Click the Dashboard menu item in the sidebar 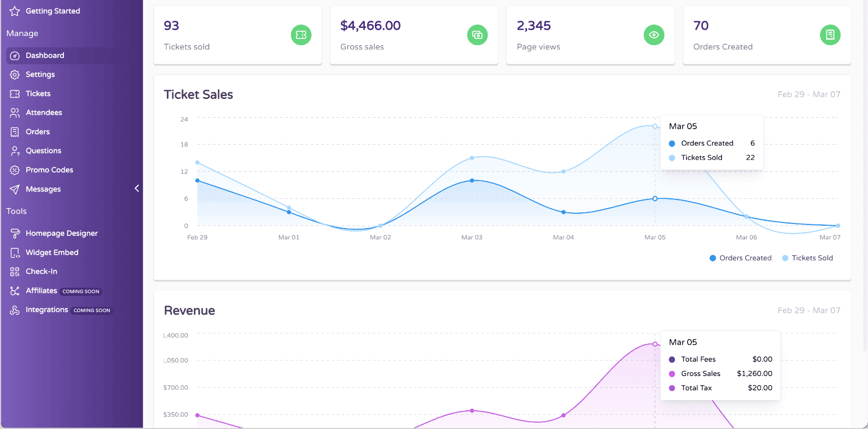click(x=45, y=55)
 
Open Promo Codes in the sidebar click(x=49, y=170)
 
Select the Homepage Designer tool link click(x=61, y=233)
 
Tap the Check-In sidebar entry click(x=41, y=271)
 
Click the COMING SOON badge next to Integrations click(x=92, y=310)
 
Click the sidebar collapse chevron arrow click(x=137, y=188)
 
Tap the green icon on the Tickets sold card click(x=301, y=35)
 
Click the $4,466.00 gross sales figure click(x=370, y=25)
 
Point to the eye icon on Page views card click(x=654, y=35)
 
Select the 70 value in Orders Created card click(x=701, y=25)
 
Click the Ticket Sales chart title click(x=198, y=95)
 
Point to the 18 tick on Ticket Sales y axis click(x=184, y=144)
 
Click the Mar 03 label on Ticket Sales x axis click(x=471, y=237)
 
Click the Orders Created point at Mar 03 click(x=472, y=181)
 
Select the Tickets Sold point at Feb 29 click(x=197, y=162)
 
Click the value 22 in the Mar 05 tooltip click(x=750, y=158)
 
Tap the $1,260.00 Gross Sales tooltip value click(x=754, y=373)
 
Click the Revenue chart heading click(x=189, y=310)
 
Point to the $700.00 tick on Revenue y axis click(x=176, y=387)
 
